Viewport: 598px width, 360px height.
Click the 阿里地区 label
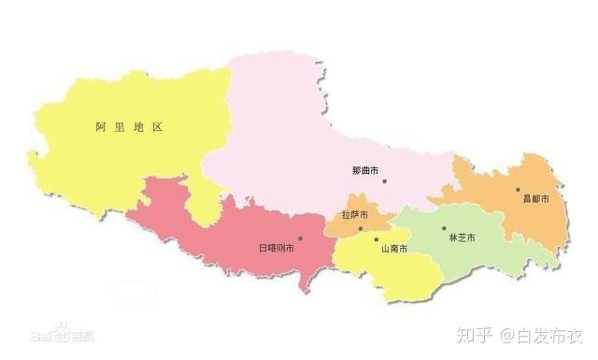point(129,126)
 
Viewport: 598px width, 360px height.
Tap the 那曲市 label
point(363,170)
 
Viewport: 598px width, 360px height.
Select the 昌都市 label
point(535,199)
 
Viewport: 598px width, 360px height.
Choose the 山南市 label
point(393,249)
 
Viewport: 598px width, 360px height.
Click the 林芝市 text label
point(462,238)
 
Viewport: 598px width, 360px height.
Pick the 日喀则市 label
point(276,248)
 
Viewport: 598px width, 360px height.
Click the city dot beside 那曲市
point(383,180)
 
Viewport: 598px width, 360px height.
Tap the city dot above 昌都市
point(518,190)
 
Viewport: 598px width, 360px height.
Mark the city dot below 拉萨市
point(361,228)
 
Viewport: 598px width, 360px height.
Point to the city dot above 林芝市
point(444,227)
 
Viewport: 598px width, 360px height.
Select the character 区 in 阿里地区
point(157,126)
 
